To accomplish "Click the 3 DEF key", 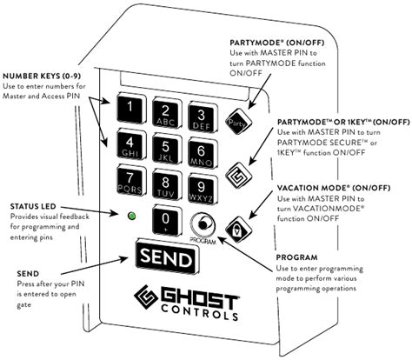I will [202, 117].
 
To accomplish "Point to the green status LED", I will [132, 215].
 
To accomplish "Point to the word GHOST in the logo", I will [199, 298].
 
